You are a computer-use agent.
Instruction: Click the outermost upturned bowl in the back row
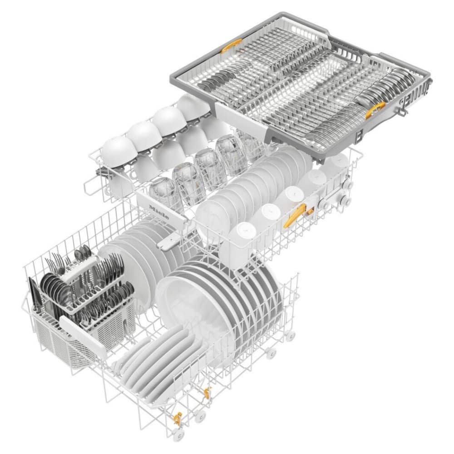click(117, 152)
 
